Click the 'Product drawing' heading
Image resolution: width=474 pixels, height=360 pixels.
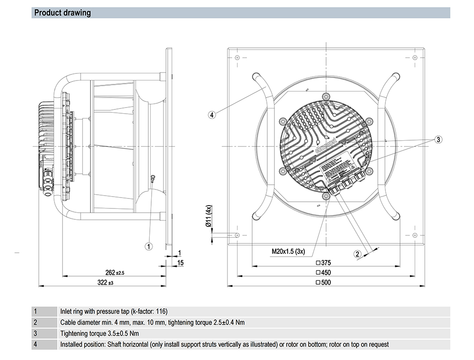coord(63,13)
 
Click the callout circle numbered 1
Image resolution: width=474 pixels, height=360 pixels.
coord(149,246)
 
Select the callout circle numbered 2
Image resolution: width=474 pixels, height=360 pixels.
coord(358,253)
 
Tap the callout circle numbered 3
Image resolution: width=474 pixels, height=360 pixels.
coord(438,139)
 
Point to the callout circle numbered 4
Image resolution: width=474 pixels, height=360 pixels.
coord(212,114)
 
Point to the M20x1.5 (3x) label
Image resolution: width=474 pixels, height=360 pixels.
coord(288,252)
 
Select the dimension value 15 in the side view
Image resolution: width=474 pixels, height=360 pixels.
coord(181,262)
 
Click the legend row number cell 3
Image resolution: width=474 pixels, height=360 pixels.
coord(36,333)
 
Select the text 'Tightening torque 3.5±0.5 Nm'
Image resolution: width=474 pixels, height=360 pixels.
coord(100,333)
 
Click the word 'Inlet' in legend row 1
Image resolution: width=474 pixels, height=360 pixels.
coord(67,312)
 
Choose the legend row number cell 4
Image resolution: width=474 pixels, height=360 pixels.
coord(36,344)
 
